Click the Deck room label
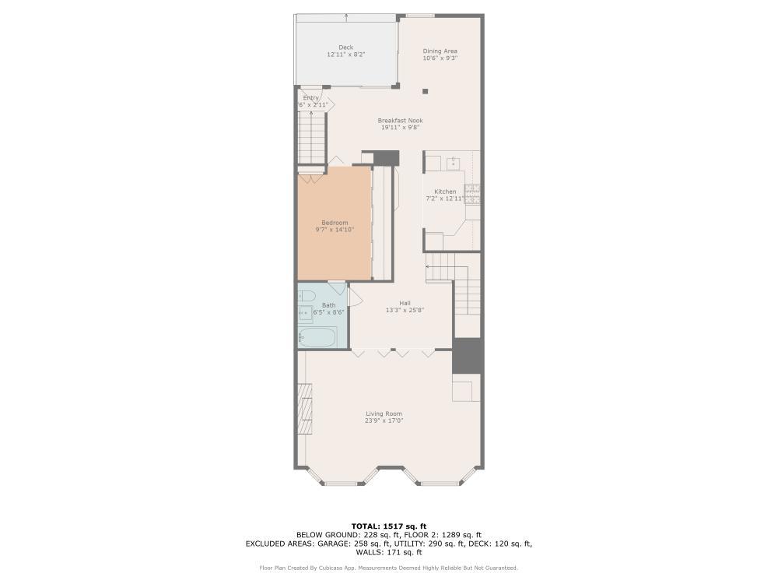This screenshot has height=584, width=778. point(345,47)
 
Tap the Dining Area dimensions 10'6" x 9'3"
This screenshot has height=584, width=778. point(440,58)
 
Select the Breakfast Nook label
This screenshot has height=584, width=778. point(400,121)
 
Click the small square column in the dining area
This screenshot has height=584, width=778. point(426,91)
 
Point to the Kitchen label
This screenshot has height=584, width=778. point(445,192)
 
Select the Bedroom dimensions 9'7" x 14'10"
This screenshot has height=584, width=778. point(334,230)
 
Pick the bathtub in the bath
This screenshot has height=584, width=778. point(317,337)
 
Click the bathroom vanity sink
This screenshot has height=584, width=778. point(305,313)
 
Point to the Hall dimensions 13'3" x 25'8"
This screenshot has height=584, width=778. point(405,310)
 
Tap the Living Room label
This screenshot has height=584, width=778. point(384,413)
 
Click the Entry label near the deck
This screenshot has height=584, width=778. point(311,98)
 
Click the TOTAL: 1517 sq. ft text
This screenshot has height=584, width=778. point(388,526)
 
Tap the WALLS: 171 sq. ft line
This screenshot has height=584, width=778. point(388,552)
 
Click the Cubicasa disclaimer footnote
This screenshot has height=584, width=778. point(388,568)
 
